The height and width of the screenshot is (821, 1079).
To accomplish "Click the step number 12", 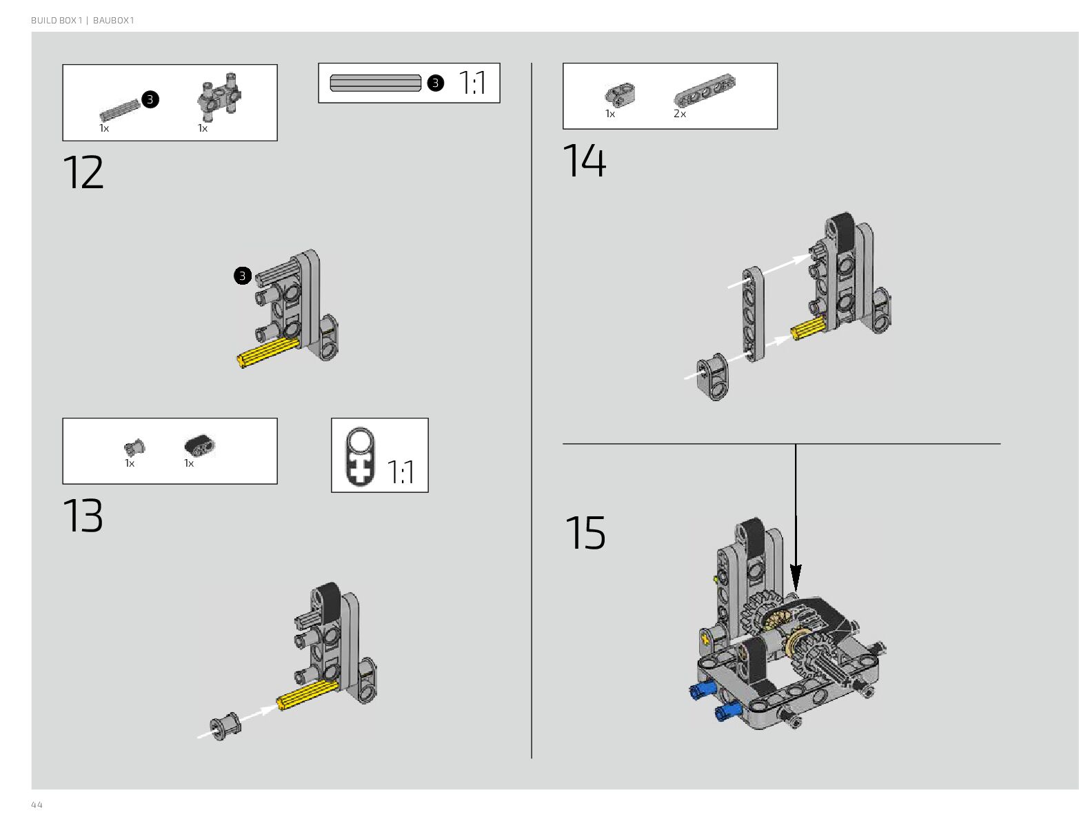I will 83,172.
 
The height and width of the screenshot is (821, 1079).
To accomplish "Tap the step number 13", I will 83,516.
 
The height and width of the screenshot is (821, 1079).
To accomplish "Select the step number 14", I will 585,161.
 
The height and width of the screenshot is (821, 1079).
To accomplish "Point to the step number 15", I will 585,533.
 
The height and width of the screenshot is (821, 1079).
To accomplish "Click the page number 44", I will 37,805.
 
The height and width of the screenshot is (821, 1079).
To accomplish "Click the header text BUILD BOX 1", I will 56,21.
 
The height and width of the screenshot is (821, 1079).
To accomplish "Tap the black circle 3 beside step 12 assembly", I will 242,276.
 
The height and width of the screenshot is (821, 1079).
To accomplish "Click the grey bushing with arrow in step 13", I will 225,726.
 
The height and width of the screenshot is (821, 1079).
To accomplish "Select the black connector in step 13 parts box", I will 200,446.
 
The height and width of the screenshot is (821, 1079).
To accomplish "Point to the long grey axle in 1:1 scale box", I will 376,83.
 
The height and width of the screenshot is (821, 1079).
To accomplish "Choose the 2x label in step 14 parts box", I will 680,114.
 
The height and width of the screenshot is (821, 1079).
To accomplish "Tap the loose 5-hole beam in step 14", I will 753,315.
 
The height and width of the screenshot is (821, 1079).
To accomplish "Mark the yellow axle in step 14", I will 808,329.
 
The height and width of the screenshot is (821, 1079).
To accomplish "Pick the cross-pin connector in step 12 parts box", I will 221,94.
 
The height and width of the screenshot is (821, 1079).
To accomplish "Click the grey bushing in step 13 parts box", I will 135,447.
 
